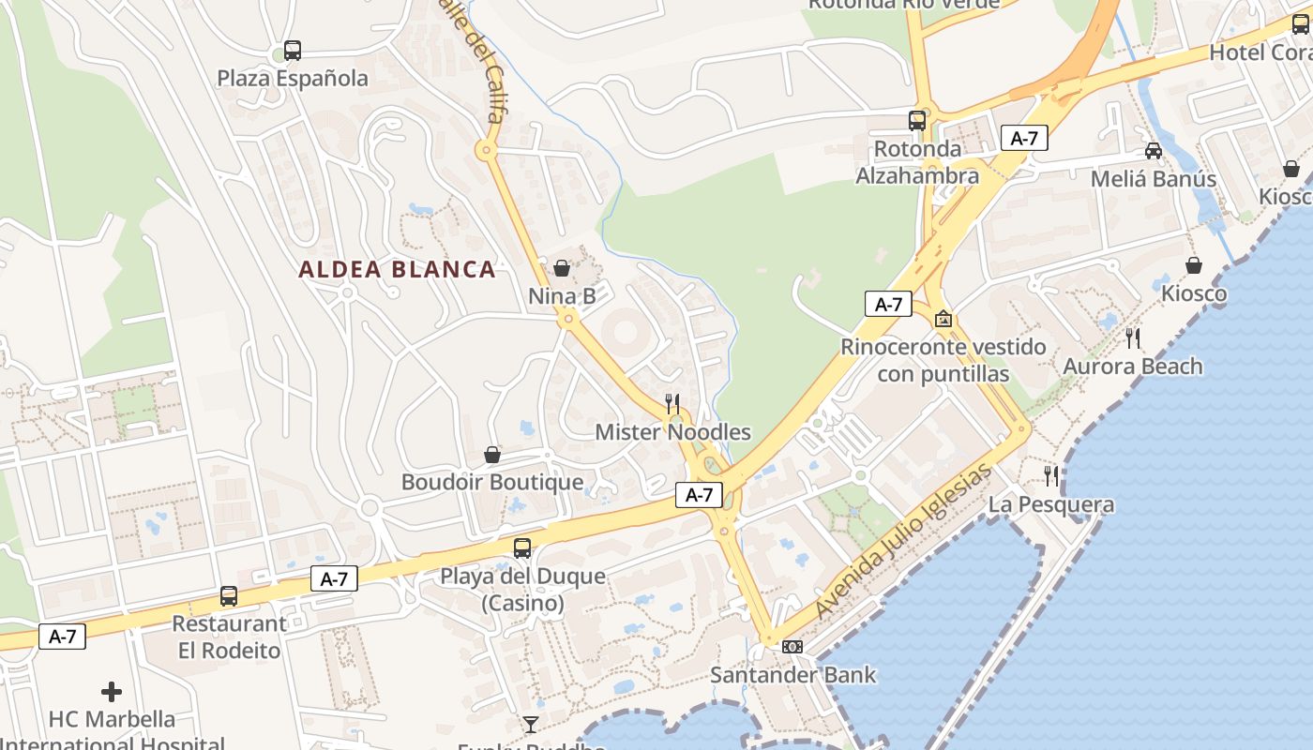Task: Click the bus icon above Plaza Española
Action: [x=293, y=51]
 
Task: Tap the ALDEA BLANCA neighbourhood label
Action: [x=397, y=270]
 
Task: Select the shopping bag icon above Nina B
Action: [x=562, y=268]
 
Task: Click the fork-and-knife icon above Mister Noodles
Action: [x=672, y=404]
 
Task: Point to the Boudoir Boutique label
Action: [x=492, y=482]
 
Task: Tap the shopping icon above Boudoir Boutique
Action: [x=492, y=455]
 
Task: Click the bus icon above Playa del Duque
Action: [x=522, y=548]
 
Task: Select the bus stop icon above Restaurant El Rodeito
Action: [x=229, y=595]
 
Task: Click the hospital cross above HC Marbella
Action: [x=112, y=692]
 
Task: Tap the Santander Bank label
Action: [x=792, y=674]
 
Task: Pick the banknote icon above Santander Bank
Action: [x=792, y=647]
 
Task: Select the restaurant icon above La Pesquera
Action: [x=1051, y=476]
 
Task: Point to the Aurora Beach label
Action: [x=1132, y=367]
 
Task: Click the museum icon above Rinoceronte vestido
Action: [x=943, y=320]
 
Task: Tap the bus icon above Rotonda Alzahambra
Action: [x=917, y=120]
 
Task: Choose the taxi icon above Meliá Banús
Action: [x=1154, y=151]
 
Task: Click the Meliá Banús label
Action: [x=1154, y=178]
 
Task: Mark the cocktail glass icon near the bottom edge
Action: [x=531, y=723]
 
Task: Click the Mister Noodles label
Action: [x=673, y=432]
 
